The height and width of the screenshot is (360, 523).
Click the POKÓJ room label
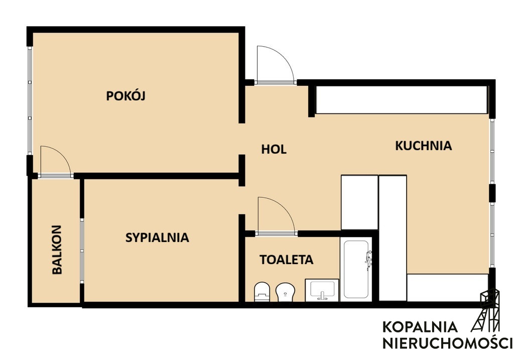coord(126,96)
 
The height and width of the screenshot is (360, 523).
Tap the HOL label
coord(274,149)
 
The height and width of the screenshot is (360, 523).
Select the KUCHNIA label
coord(424,146)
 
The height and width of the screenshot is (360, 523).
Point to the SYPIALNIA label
coord(157,237)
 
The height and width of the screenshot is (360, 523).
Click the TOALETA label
coord(287,260)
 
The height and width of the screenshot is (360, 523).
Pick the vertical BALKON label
coord(57,250)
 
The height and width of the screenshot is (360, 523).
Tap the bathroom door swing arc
coord(276,215)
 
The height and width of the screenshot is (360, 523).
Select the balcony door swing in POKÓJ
coord(55,161)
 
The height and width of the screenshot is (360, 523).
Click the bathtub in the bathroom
coord(356,269)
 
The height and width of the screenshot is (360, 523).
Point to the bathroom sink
coord(322,290)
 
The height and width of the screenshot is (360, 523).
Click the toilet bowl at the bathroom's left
coord(262,292)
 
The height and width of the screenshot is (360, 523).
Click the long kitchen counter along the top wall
coord(402,100)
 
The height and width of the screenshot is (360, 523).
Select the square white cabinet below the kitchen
coord(359,202)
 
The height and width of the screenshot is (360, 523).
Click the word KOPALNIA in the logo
coord(420,327)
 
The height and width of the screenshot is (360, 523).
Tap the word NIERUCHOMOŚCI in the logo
coord(447,342)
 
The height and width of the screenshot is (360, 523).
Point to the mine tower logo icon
coord(486,310)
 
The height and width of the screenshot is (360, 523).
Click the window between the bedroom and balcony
coord(82,250)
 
